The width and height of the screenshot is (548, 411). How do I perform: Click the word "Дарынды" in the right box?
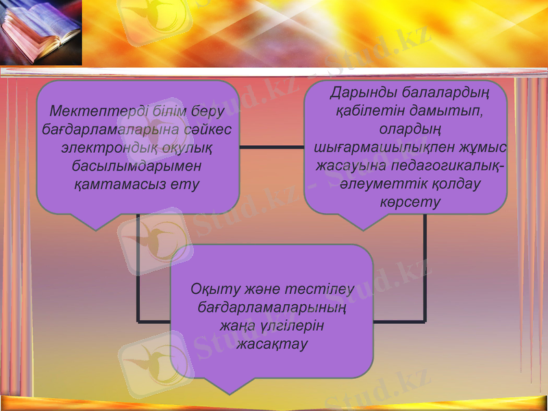click(x=360, y=92)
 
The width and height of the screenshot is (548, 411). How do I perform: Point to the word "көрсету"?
click(x=410, y=203)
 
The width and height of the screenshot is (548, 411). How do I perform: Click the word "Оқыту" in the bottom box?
click(x=211, y=289)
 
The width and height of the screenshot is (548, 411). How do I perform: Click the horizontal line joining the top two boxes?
click(x=271, y=147)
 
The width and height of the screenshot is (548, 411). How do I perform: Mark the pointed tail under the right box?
click(x=364, y=222)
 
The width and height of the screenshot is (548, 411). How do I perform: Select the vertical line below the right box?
click(x=425, y=267)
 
